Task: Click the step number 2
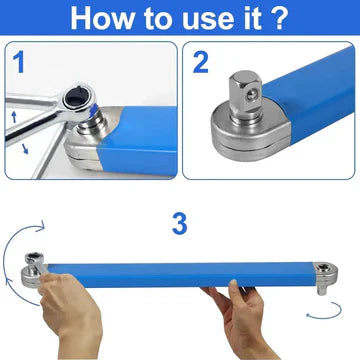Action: pyautogui.click(x=200, y=63)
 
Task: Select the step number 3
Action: pyautogui.click(x=179, y=224)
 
